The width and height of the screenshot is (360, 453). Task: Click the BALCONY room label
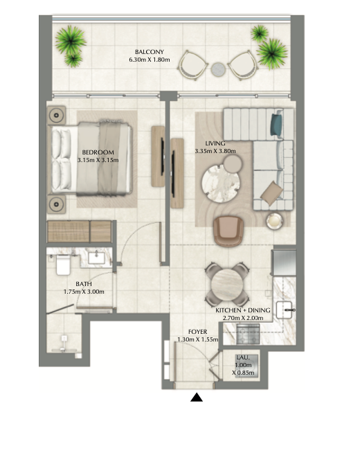[150, 52]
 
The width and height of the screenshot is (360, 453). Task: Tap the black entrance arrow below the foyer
[197, 398]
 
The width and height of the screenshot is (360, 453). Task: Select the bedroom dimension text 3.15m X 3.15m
[98, 160]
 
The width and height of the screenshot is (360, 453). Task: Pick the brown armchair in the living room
[228, 231]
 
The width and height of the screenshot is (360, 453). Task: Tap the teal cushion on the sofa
[276, 124]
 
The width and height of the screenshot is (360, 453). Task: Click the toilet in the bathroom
[63, 265]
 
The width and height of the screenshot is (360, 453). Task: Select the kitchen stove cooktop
[248, 334]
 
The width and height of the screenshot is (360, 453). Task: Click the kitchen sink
[285, 310]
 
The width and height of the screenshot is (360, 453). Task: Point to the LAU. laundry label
[243, 357]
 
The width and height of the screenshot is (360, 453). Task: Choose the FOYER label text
[198, 332]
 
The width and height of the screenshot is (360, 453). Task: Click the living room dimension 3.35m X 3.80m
[215, 151]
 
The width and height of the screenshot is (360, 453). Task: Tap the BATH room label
[84, 284]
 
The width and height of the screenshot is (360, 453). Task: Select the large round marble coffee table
[221, 183]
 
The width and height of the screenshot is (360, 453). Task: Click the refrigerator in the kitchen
[284, 263]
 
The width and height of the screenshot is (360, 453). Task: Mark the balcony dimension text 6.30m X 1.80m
[150, 60]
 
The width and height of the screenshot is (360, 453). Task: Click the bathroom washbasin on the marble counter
[96, 258]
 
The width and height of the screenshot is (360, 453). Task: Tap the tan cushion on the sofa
[271, 193]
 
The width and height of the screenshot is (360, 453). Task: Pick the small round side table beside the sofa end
[274, 221]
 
